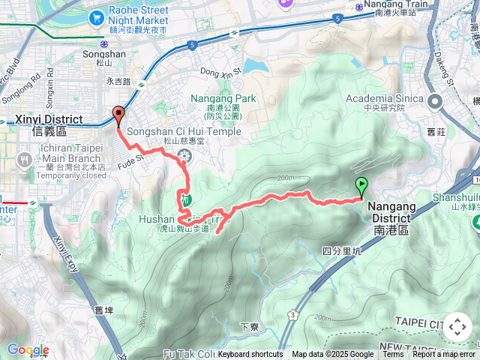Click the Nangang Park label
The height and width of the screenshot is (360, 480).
coord(223,98)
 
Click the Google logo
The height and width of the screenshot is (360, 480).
coord(28,350)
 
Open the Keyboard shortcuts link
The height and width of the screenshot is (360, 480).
coord(250,355)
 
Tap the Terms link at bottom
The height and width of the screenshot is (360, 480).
coord(393,355)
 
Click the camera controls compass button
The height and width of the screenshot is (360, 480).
coord(457,328)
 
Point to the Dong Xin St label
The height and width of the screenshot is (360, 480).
coord(220,72)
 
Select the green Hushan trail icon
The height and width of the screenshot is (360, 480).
coord(184,199)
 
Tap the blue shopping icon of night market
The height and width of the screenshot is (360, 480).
coord(96,16)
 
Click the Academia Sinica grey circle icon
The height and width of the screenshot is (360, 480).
coord(433,99)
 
